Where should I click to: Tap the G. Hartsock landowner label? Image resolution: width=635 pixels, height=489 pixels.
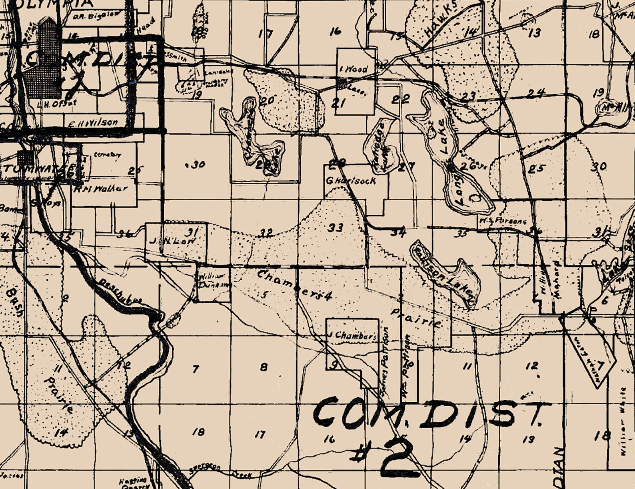[351, 181]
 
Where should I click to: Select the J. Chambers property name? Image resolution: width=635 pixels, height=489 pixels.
[352, 335]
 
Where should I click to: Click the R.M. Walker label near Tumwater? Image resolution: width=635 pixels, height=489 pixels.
[100, 189]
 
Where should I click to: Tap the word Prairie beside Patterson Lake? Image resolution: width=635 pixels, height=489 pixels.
[417, 318]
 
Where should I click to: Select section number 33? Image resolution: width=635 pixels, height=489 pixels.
[335, 228]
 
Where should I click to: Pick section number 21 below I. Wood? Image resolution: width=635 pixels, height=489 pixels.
[338, 103]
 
